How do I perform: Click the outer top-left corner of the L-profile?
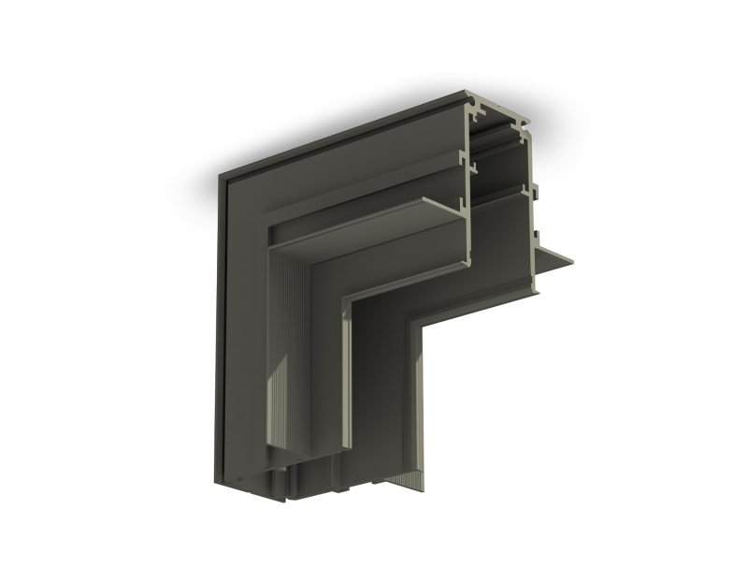coord(221,174)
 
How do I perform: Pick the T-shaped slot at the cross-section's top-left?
coord(479,113)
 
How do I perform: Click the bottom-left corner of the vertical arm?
coord(217,481)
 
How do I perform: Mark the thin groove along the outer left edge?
coord(223,327)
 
